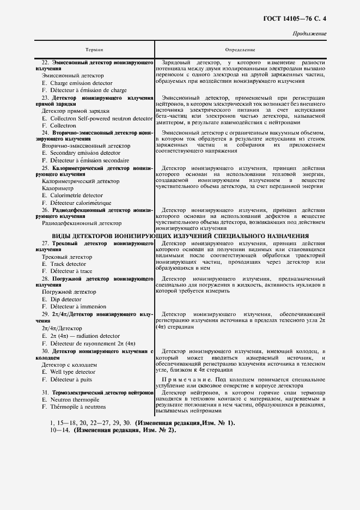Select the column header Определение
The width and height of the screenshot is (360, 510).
[240, 50]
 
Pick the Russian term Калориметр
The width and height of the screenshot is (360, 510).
[59, 188]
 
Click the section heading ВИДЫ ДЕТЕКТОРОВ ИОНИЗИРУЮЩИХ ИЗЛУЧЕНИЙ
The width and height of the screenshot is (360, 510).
[180, 235]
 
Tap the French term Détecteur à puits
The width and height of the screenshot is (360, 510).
[67, 379]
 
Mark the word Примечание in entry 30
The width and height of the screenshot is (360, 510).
[181, 378]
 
